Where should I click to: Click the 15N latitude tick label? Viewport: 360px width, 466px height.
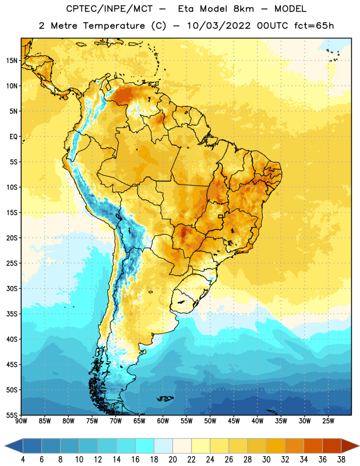(x=12, y=61)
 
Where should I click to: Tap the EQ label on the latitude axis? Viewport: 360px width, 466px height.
(x=13, y=137)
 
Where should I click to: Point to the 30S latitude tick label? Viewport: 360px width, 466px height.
(x=12, y=288)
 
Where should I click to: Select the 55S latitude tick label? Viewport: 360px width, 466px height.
(x=12, y=415)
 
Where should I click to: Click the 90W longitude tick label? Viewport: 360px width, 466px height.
(x=21, y=421)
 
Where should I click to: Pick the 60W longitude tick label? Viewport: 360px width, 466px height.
(x=163, y=421)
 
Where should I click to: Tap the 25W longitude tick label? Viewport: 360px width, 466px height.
(x=328, y=421)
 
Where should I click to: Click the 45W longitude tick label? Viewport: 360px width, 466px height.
(x=234, y=421)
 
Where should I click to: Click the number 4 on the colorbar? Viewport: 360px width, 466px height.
(x=23, y=460)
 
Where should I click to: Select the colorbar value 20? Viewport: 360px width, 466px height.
(x=172, y=460)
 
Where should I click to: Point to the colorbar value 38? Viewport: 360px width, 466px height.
(x=341, y=460)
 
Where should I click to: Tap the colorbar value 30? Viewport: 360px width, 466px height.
(x=266, y=460)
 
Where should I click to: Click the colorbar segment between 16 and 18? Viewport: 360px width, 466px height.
(x=145, y=446)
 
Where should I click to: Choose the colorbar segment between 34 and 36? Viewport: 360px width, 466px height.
(x=313, y=446)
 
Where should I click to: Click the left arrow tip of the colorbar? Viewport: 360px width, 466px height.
(x=5, y=446)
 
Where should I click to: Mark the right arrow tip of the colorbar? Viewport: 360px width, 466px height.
(x=359, y=446)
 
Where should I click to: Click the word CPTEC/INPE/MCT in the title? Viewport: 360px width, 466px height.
(x=109, y=9)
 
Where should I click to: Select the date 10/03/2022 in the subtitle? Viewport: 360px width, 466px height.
(x=219, y=26)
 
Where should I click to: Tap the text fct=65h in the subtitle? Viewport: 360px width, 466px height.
(x=314, y=26)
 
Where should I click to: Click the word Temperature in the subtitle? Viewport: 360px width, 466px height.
(x=114, y=26)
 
